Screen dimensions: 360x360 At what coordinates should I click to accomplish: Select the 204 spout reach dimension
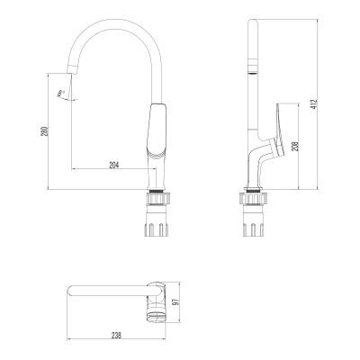click(114, 165)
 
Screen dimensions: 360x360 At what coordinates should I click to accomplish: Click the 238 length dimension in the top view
click(117, 336)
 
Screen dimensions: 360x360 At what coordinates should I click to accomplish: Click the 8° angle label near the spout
click(61, 93)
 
